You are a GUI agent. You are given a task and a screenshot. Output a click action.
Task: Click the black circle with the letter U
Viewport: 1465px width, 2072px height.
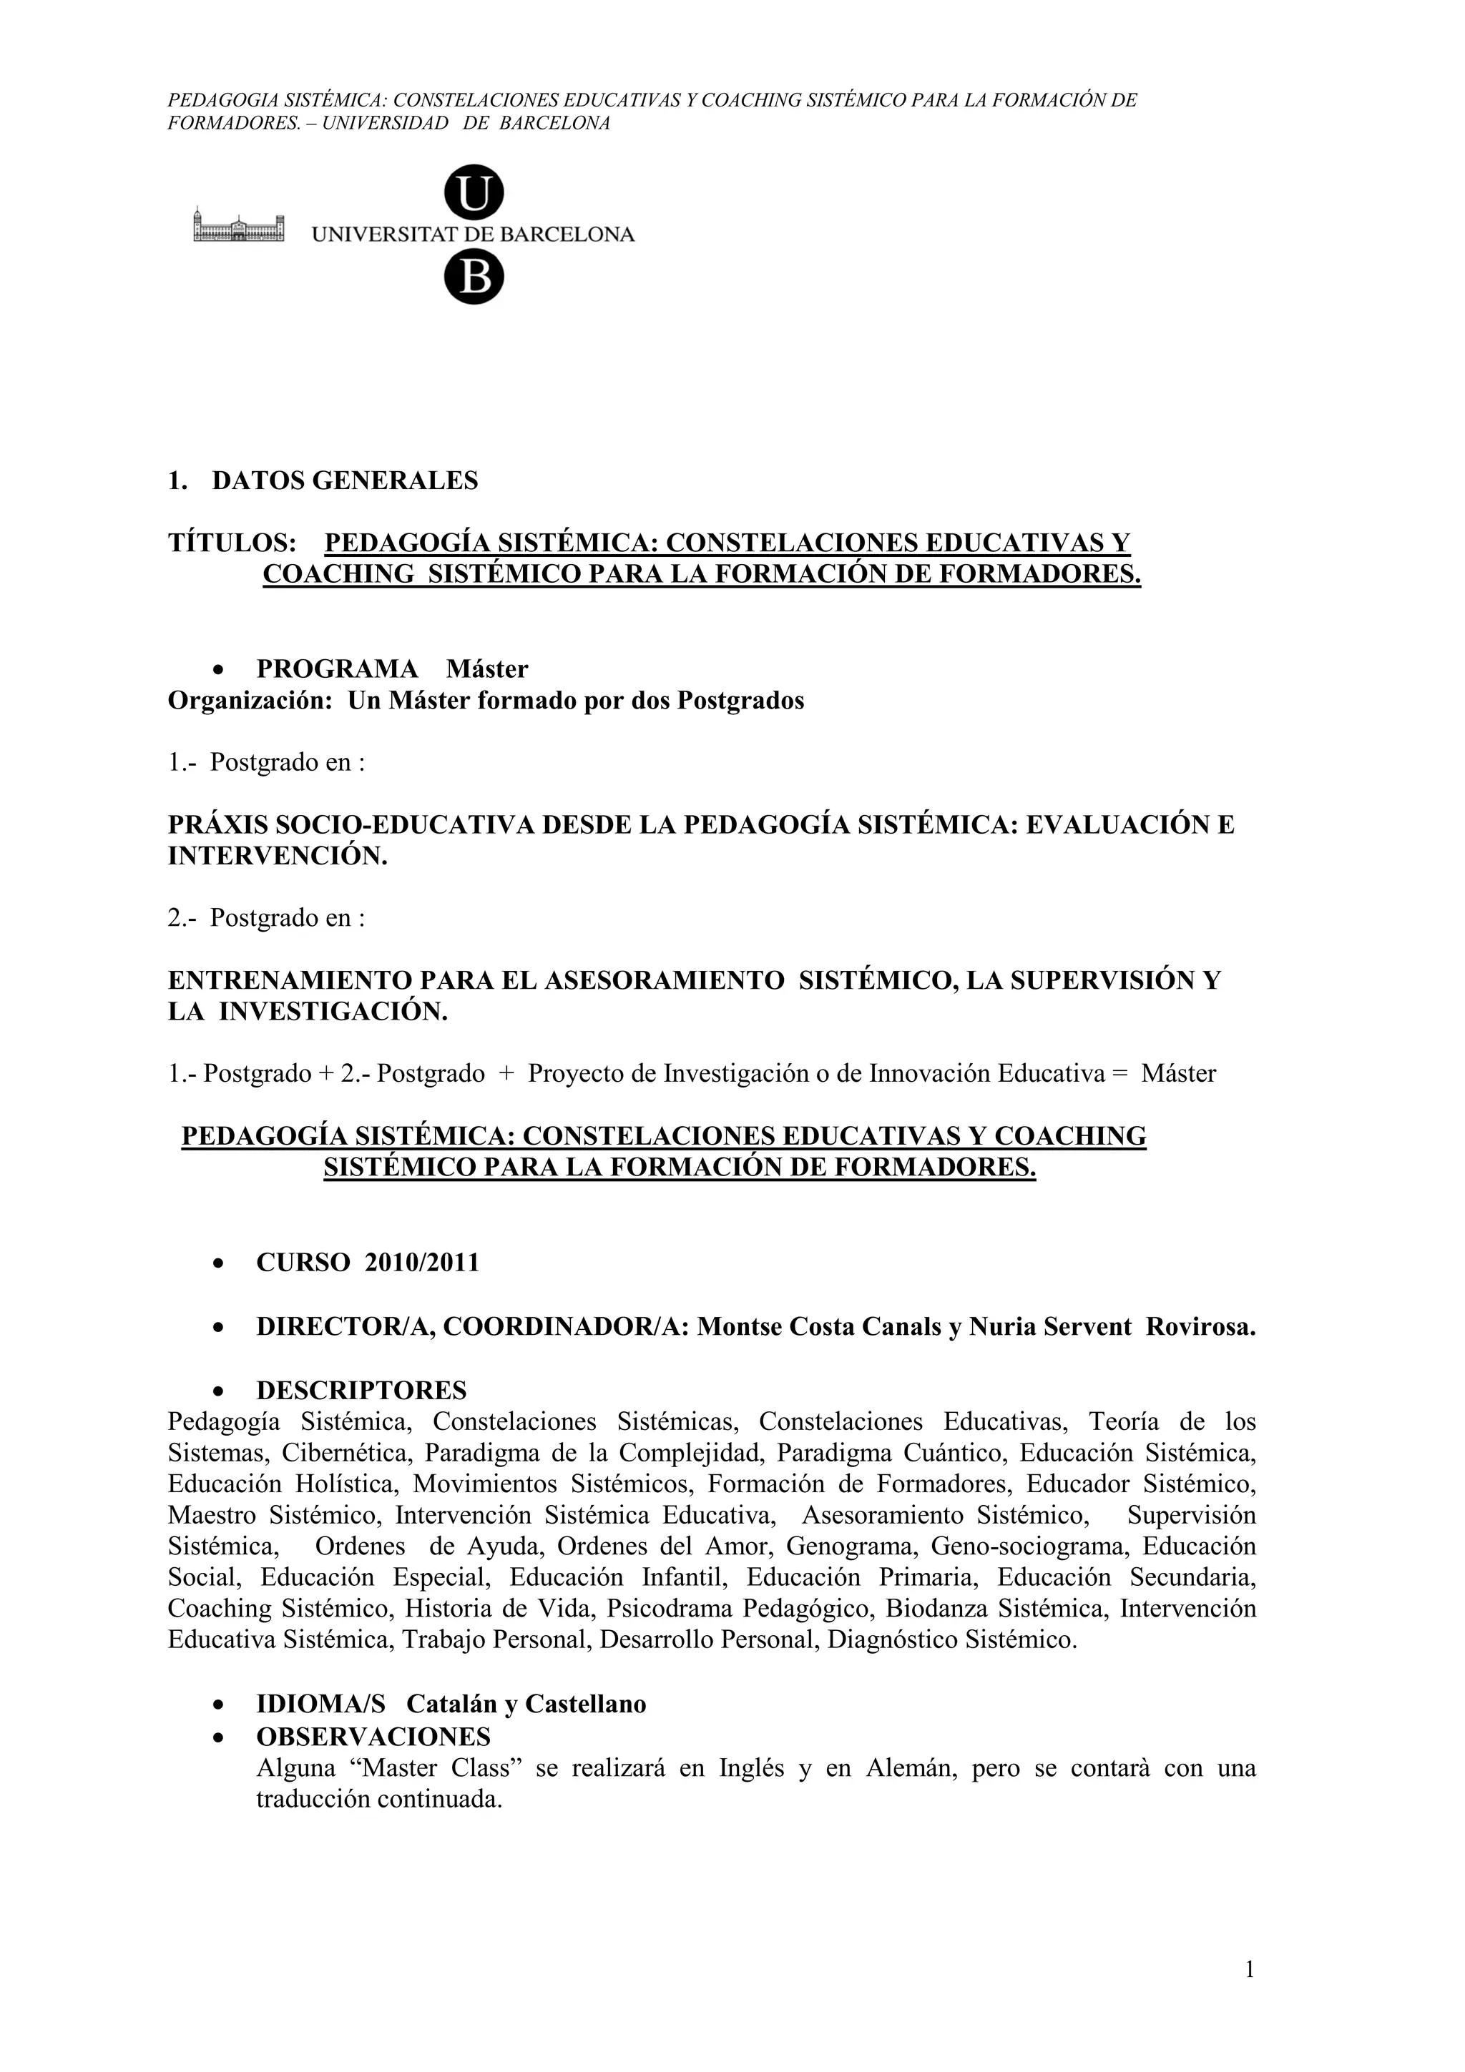[474, 192]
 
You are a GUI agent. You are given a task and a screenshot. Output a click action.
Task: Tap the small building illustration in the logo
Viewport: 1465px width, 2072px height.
[238, 226]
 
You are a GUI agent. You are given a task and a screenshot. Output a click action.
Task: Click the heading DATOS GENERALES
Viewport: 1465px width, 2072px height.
[345, 481]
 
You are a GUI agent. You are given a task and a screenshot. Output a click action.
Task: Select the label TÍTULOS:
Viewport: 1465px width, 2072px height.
[232, 543]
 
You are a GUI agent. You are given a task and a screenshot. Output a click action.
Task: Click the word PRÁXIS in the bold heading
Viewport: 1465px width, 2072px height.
[217, 825]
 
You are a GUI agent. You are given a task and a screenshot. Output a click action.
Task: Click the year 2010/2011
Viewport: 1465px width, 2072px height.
[421, 1263]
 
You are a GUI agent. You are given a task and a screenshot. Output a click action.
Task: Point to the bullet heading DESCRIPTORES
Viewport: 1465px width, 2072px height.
[361, 1390]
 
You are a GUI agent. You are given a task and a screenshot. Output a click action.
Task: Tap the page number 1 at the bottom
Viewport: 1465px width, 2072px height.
[1249, 1970]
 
